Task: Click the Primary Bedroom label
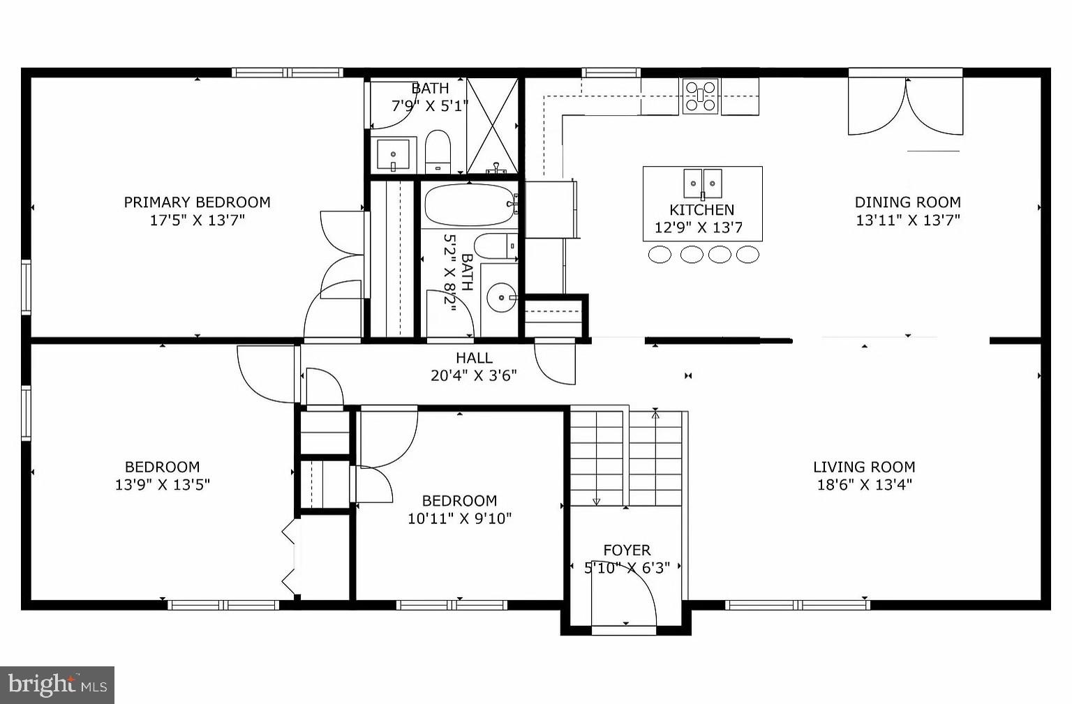[x=197, y=202]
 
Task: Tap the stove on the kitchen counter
[x=700, y=96]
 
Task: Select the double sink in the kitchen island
[x=702, y=184]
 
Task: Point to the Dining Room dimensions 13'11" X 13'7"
[x=908, y=220]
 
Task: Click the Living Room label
[x=864, y=467]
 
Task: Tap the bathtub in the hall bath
[x=468, y=204]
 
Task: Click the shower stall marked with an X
[x=492, y=126]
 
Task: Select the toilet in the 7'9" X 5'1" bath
[x=438, y=150]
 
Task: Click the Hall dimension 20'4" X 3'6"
[x=473, y=375]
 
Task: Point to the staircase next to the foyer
[x=626, y=458]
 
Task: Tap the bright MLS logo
[x=57, y=684]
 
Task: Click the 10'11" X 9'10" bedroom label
[x=459, y=501]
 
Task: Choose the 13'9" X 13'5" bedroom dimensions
[x=162, y=485]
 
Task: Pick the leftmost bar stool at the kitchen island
[x=660, y=255]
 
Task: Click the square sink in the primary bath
[x=394, y=154]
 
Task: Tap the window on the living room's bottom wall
[x=797, y=605]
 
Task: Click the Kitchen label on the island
[x=701, y=210]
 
